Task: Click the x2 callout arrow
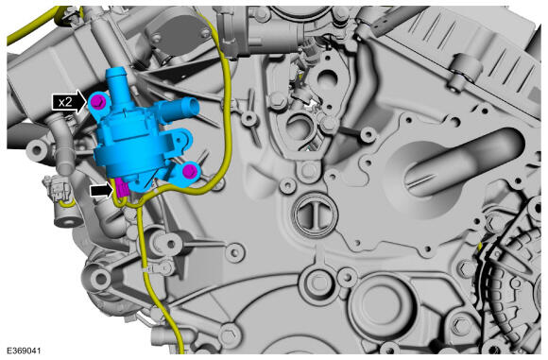tap(70, 102)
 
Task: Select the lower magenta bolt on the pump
tap(189, 171)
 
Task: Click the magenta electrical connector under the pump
tap(123, 189)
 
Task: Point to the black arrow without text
tap(102, 191)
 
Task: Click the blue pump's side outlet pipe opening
tap(193, 107)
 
